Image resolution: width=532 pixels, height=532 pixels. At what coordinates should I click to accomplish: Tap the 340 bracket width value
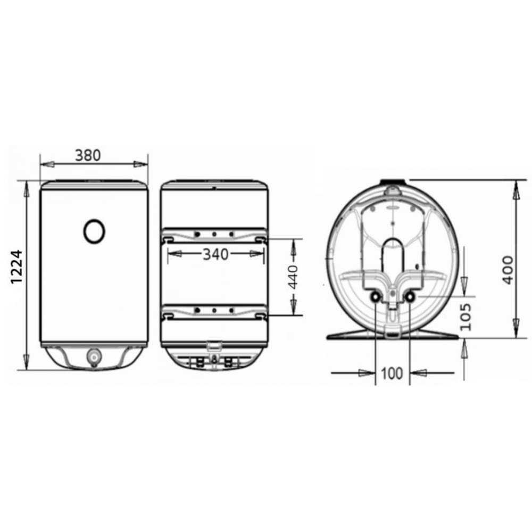coord(215,255)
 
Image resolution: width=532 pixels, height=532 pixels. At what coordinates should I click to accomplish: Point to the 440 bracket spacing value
coord(293,275)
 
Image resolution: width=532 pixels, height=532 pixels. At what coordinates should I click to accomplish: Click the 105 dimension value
coord(466,317)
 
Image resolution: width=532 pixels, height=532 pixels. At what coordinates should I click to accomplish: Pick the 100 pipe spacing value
coord(392,373)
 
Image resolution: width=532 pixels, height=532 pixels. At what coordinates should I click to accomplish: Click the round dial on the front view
coord(94,231)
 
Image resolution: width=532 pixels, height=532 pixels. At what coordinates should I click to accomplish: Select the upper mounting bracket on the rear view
coord(214,235)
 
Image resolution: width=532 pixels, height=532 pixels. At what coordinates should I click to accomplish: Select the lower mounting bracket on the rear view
coord(214,312)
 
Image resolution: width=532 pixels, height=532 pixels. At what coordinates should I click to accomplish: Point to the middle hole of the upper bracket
coord(214,234)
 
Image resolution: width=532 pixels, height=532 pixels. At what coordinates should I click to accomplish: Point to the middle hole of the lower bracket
coord(214,310)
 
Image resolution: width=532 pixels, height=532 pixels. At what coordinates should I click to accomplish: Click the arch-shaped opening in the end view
coord(393,253)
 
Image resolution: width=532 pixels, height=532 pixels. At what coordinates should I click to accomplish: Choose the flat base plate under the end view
coord(393,335)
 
